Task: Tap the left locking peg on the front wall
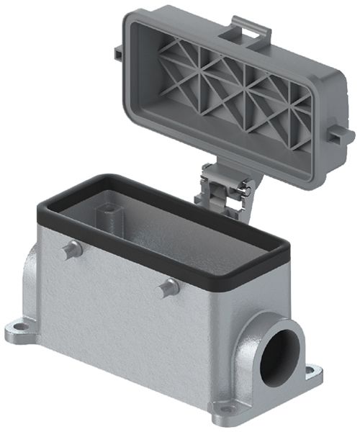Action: coord(69,251)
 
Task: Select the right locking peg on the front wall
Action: coord(169,287)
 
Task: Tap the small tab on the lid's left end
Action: coord(117,55)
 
